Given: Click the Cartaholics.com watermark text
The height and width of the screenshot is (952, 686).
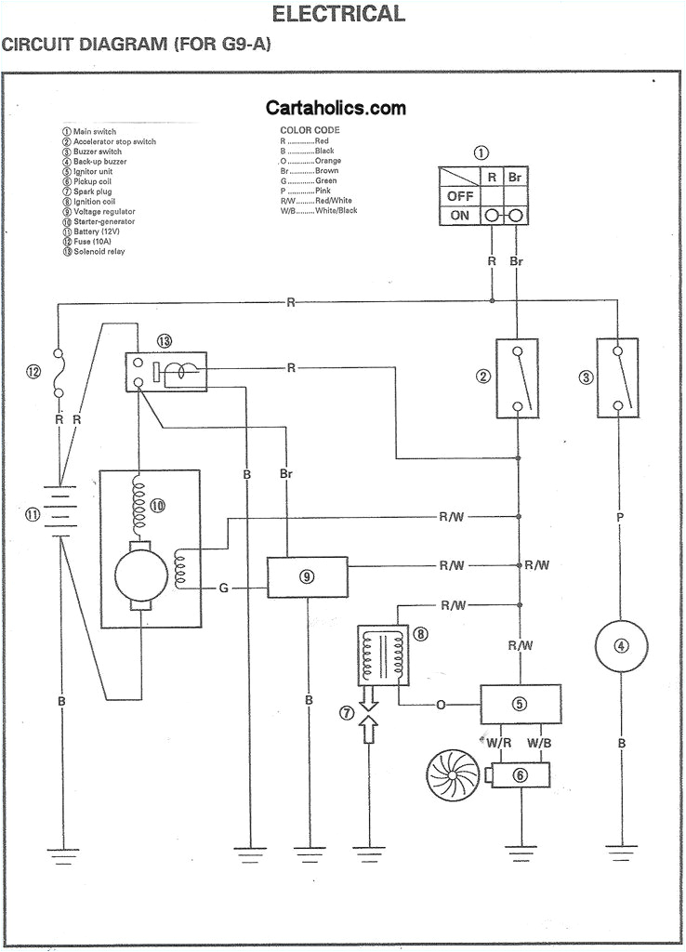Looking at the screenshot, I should pyautogui.click(x=336, y=108).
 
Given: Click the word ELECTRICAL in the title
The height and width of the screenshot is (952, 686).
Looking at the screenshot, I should pyautogui.click(x=338, y=14).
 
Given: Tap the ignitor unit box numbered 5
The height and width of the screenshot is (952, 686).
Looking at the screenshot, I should pyautogui.click(x=520, y=704).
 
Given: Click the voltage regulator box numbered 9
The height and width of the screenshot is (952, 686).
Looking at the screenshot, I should pyautogui.click(x=307, y=576).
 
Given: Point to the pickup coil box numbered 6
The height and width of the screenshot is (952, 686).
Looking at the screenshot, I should pyautogui.click(x=519, y=773).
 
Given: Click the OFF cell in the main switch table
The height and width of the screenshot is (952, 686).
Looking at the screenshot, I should pyautogui.click(x=460, y=196).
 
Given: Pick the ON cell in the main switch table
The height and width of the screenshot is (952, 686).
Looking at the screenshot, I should pyautogui.click(x=460, y=216).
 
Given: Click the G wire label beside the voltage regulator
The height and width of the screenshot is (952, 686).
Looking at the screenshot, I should pyautogui.click(x=224, y=588).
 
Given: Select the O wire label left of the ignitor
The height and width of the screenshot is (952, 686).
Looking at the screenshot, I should pyautogui.click(x=440, y=705).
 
